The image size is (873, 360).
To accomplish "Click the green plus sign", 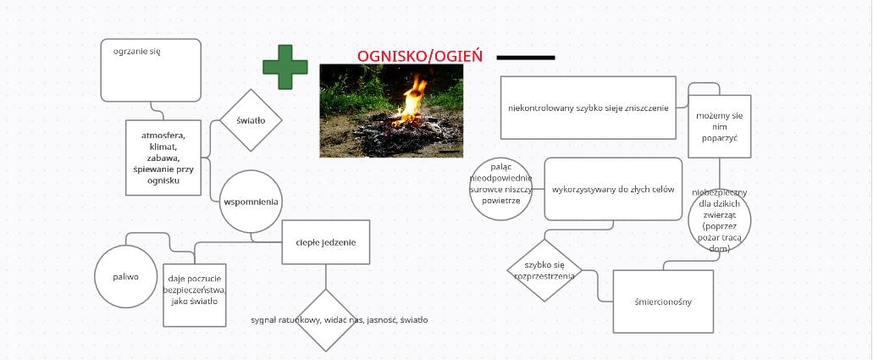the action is [x=285, y=67].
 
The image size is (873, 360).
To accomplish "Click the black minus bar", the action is [x=526, y=58].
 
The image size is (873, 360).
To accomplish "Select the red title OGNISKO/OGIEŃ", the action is [x=420, y=56].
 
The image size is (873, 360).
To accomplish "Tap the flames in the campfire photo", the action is [x=412, y=100].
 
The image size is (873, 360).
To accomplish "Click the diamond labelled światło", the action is [x=251, y=119].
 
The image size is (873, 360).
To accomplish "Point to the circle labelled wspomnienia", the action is [x=251, y=202].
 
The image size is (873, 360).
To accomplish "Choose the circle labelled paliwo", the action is [x=126, y=276].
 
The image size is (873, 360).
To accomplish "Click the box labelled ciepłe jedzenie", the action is [x=326, y=242].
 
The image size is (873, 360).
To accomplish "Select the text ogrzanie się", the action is [x=137, y=52].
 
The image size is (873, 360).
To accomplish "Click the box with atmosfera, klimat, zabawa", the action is [x=163, y=158].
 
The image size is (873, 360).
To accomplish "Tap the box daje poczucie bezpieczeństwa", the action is [x=194, y=295].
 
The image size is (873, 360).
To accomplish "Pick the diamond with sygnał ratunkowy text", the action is [x=326, y=320].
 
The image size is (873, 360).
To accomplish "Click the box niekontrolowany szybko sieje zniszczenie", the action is [x=588, y=108].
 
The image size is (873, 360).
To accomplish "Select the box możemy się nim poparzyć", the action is [x=720, y=126].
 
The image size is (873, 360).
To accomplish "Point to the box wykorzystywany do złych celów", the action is [x=613, y=189].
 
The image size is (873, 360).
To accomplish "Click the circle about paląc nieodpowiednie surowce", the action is [x=501, y=189].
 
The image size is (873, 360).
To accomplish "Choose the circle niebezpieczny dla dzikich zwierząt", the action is [x=720, y=220].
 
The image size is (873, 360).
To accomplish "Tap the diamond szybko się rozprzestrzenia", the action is [x=544, y=270].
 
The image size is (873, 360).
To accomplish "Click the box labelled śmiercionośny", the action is [x=663, y=302].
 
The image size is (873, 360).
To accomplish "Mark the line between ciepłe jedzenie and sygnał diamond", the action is [x=326, y=276].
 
